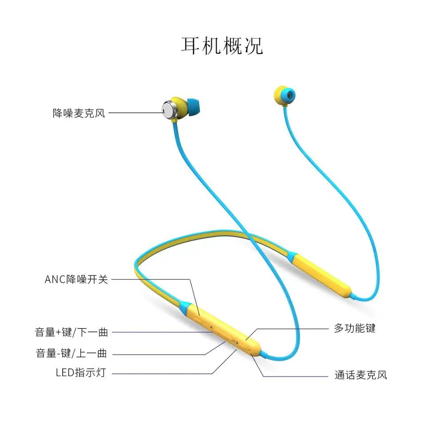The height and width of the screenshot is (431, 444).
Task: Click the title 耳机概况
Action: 222,46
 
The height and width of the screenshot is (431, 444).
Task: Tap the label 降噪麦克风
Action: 79,113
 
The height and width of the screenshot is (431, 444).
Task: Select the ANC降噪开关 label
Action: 76,279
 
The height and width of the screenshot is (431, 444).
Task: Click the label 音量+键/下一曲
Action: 72,332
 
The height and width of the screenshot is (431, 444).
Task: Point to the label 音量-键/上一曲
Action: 72,353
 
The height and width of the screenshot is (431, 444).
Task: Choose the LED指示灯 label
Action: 81,372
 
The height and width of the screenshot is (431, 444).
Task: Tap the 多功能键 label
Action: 355,328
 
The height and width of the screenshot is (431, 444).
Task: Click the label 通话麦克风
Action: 361,375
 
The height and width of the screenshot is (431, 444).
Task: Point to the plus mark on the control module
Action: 211,329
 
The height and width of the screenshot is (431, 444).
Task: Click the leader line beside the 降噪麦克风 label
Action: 135,113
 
